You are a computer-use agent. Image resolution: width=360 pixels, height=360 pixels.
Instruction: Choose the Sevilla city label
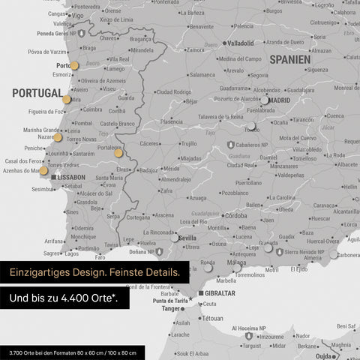(x=187, y=238)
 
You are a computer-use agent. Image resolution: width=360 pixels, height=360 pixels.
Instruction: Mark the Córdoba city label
(x=235, y=216)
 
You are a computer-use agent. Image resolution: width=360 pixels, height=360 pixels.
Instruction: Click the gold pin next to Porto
(x=73, y=65)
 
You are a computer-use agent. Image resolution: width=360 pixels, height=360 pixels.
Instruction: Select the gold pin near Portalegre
(x=118, y=153)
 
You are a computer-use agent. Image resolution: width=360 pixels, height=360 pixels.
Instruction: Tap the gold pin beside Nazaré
(x=58, y=137)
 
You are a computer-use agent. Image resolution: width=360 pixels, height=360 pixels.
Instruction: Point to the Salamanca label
(x=202, y=75)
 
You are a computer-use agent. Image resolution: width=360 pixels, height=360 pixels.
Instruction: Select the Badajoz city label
(x=148, y=169)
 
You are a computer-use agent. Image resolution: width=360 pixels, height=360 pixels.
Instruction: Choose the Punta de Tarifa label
(x=169, y=300)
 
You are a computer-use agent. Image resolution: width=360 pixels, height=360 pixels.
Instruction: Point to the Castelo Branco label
(x=118, y=123)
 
